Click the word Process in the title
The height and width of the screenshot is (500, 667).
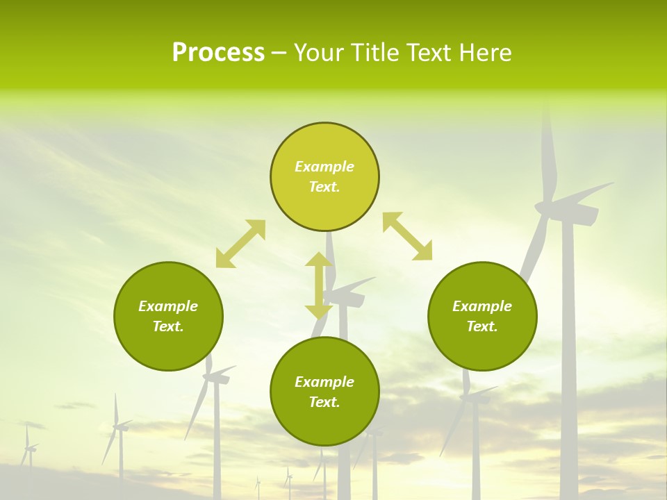click(x=218, y=53)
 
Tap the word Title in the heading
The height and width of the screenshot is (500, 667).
click(x=377, y=53)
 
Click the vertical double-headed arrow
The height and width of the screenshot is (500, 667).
click(x=319, y=286)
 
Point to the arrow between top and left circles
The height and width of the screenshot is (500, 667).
click(x=240, y=244)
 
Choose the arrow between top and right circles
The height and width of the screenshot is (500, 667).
click(x=407, y=236)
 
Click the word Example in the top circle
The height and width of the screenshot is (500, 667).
click(x=324, y=167)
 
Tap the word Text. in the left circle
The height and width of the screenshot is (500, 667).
click(x=168, y=326)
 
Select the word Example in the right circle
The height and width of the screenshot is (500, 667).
click(x=482, y=306)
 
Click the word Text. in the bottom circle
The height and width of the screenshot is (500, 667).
click(x=324, y=402)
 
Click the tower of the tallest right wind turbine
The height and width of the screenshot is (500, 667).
click(x=568, y=347)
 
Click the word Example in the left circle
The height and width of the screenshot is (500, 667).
click(x=168, y=306)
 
